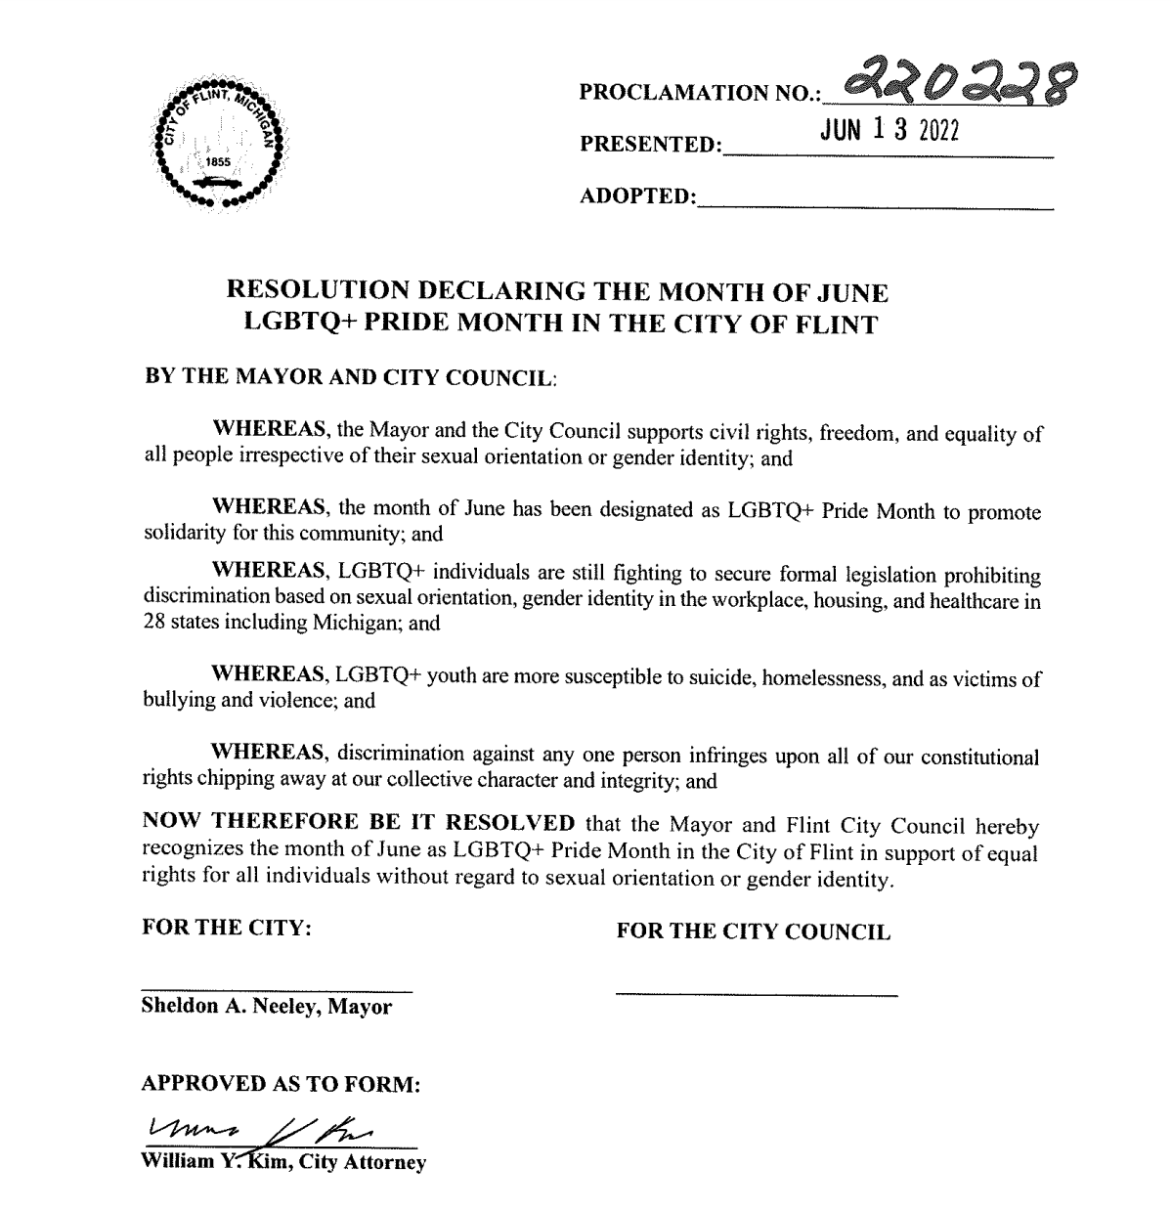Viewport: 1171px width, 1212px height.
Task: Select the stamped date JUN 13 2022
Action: coord(890,132)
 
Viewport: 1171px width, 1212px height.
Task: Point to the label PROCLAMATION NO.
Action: coord(698,93)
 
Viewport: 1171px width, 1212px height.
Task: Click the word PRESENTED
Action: coord(649,145)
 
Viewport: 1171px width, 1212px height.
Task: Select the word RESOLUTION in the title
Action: coord(323,291)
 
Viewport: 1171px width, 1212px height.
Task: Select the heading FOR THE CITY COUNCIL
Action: coord(753,931)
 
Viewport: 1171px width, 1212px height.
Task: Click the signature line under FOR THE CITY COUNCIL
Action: coord(756,995)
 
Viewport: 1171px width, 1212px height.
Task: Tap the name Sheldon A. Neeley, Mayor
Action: coord(266,1007)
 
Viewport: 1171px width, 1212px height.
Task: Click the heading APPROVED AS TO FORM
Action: coord(282,1084)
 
